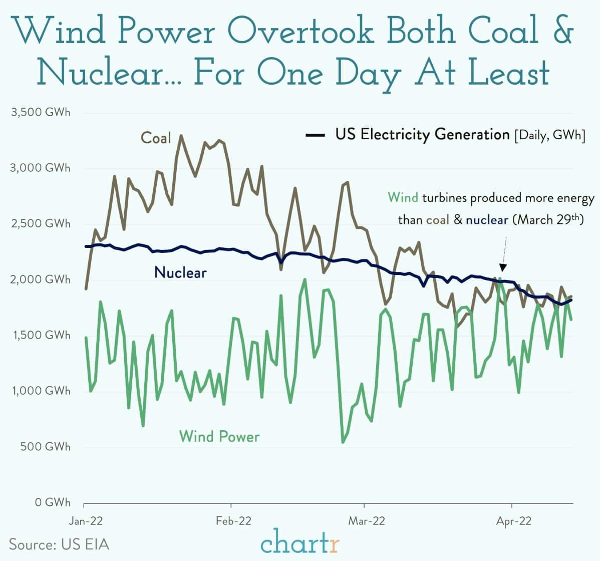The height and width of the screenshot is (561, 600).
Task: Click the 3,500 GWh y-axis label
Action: (x=41, y=112)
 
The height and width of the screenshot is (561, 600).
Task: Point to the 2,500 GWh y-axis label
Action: (x=41, y=223)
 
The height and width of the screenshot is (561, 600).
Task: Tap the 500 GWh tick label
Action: (x=45, y=446)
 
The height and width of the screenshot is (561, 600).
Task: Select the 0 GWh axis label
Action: (x=53, y=502)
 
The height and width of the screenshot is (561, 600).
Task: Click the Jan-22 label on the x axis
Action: (x=85, y=521)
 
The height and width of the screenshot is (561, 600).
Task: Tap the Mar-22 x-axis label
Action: (x=367, y=521)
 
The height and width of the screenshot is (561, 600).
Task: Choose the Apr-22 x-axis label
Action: (x=514, y=521)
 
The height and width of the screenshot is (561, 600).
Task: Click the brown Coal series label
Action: (x=156, y=138)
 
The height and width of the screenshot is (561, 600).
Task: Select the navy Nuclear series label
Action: (x=180, y=272)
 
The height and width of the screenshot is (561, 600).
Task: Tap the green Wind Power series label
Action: (x=219, y=436)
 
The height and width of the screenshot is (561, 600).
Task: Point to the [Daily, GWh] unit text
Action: (x=549, y=135)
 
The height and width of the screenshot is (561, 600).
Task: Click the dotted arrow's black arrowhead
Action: (x=503, y=267)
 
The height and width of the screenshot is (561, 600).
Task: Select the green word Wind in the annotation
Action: (x=403, y=198)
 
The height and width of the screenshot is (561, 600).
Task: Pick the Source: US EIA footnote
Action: (x=59, y=544)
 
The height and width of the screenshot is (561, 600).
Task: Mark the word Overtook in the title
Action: (x=305, y=31)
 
